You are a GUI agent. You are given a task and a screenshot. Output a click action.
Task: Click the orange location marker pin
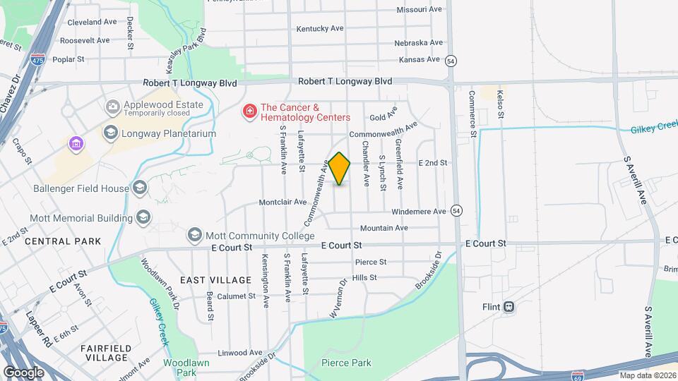340,168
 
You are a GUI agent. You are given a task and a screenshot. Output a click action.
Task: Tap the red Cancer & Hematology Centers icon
249,111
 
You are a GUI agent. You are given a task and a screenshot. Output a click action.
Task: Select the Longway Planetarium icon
110,133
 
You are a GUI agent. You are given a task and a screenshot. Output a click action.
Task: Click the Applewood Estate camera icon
112,107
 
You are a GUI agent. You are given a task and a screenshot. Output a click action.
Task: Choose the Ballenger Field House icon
140,188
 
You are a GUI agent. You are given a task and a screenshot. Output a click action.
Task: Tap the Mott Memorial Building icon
143,217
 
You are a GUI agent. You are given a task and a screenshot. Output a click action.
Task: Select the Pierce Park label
346,363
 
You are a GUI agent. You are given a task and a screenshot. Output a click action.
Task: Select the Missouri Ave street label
419,10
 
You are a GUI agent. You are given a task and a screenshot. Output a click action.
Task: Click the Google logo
23,372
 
